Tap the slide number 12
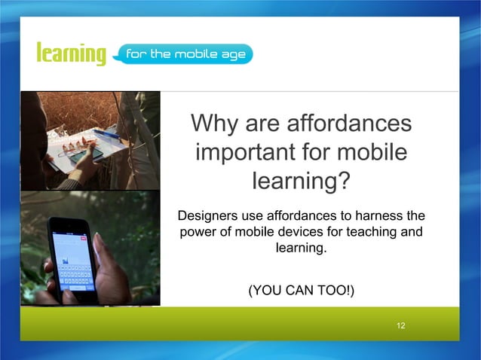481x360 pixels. coord(401,325)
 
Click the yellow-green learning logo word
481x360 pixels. coord(71,54)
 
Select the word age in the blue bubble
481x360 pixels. coord(231,54)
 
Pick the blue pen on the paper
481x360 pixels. coord(106,134)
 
